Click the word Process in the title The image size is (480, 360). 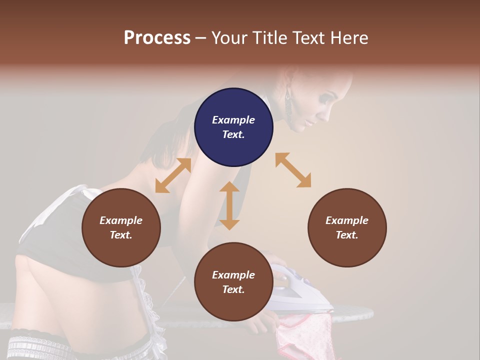tap(157, 38)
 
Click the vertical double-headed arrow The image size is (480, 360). tap(229, 205)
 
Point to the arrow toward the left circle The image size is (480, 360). tap(173, 175)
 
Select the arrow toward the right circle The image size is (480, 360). tap(293, 170)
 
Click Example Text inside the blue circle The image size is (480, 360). tap(233, 127)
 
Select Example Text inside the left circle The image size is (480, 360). tap(121, 227)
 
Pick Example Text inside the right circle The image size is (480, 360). tap(347, 227)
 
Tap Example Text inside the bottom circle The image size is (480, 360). tap(233, 282)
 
